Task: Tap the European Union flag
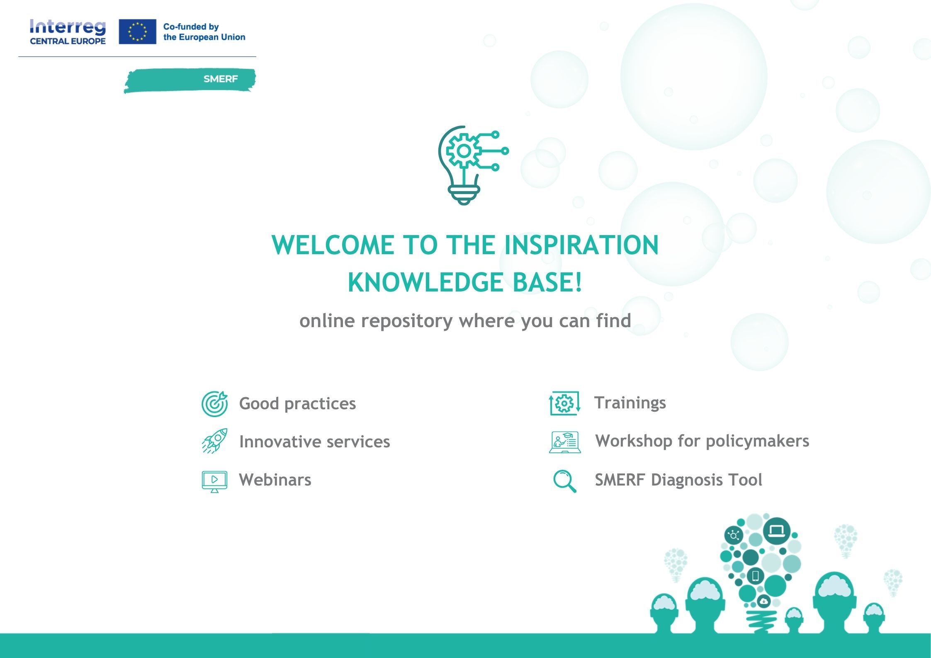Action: point(137,32)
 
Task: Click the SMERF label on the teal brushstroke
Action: point(221,79)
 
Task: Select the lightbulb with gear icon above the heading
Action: point(473,165)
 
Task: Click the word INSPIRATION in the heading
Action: point(581,245)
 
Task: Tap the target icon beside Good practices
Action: point(215,403)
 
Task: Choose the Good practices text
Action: point(297,403)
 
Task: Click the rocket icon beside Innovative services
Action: point(215,441)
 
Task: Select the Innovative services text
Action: point(315,442)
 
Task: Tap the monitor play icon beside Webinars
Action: point(214,481)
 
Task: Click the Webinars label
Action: point(275,480)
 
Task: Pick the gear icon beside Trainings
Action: point(564,403)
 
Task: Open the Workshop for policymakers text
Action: point(702,441)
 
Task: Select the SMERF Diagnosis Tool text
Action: point(678,480)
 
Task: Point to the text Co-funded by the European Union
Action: point(204,32)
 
